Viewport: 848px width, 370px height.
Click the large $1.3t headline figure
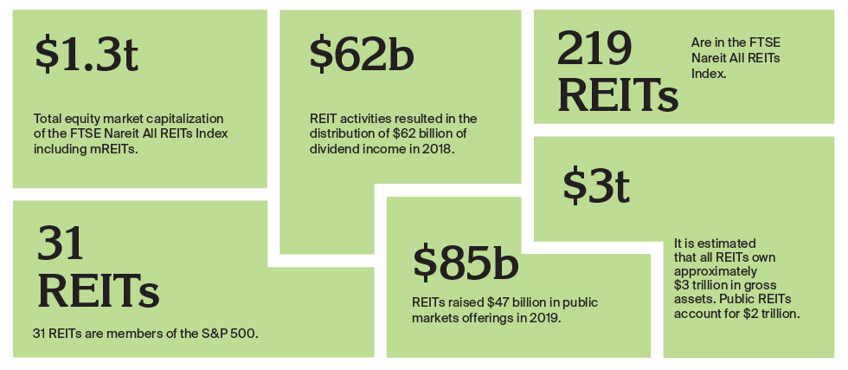click(87, 55)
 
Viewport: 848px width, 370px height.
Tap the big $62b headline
click(361, 55)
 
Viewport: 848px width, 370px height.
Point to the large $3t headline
click(595, 183)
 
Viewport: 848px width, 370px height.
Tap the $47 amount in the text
click(497, 303)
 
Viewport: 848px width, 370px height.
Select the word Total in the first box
click(48, 117)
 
